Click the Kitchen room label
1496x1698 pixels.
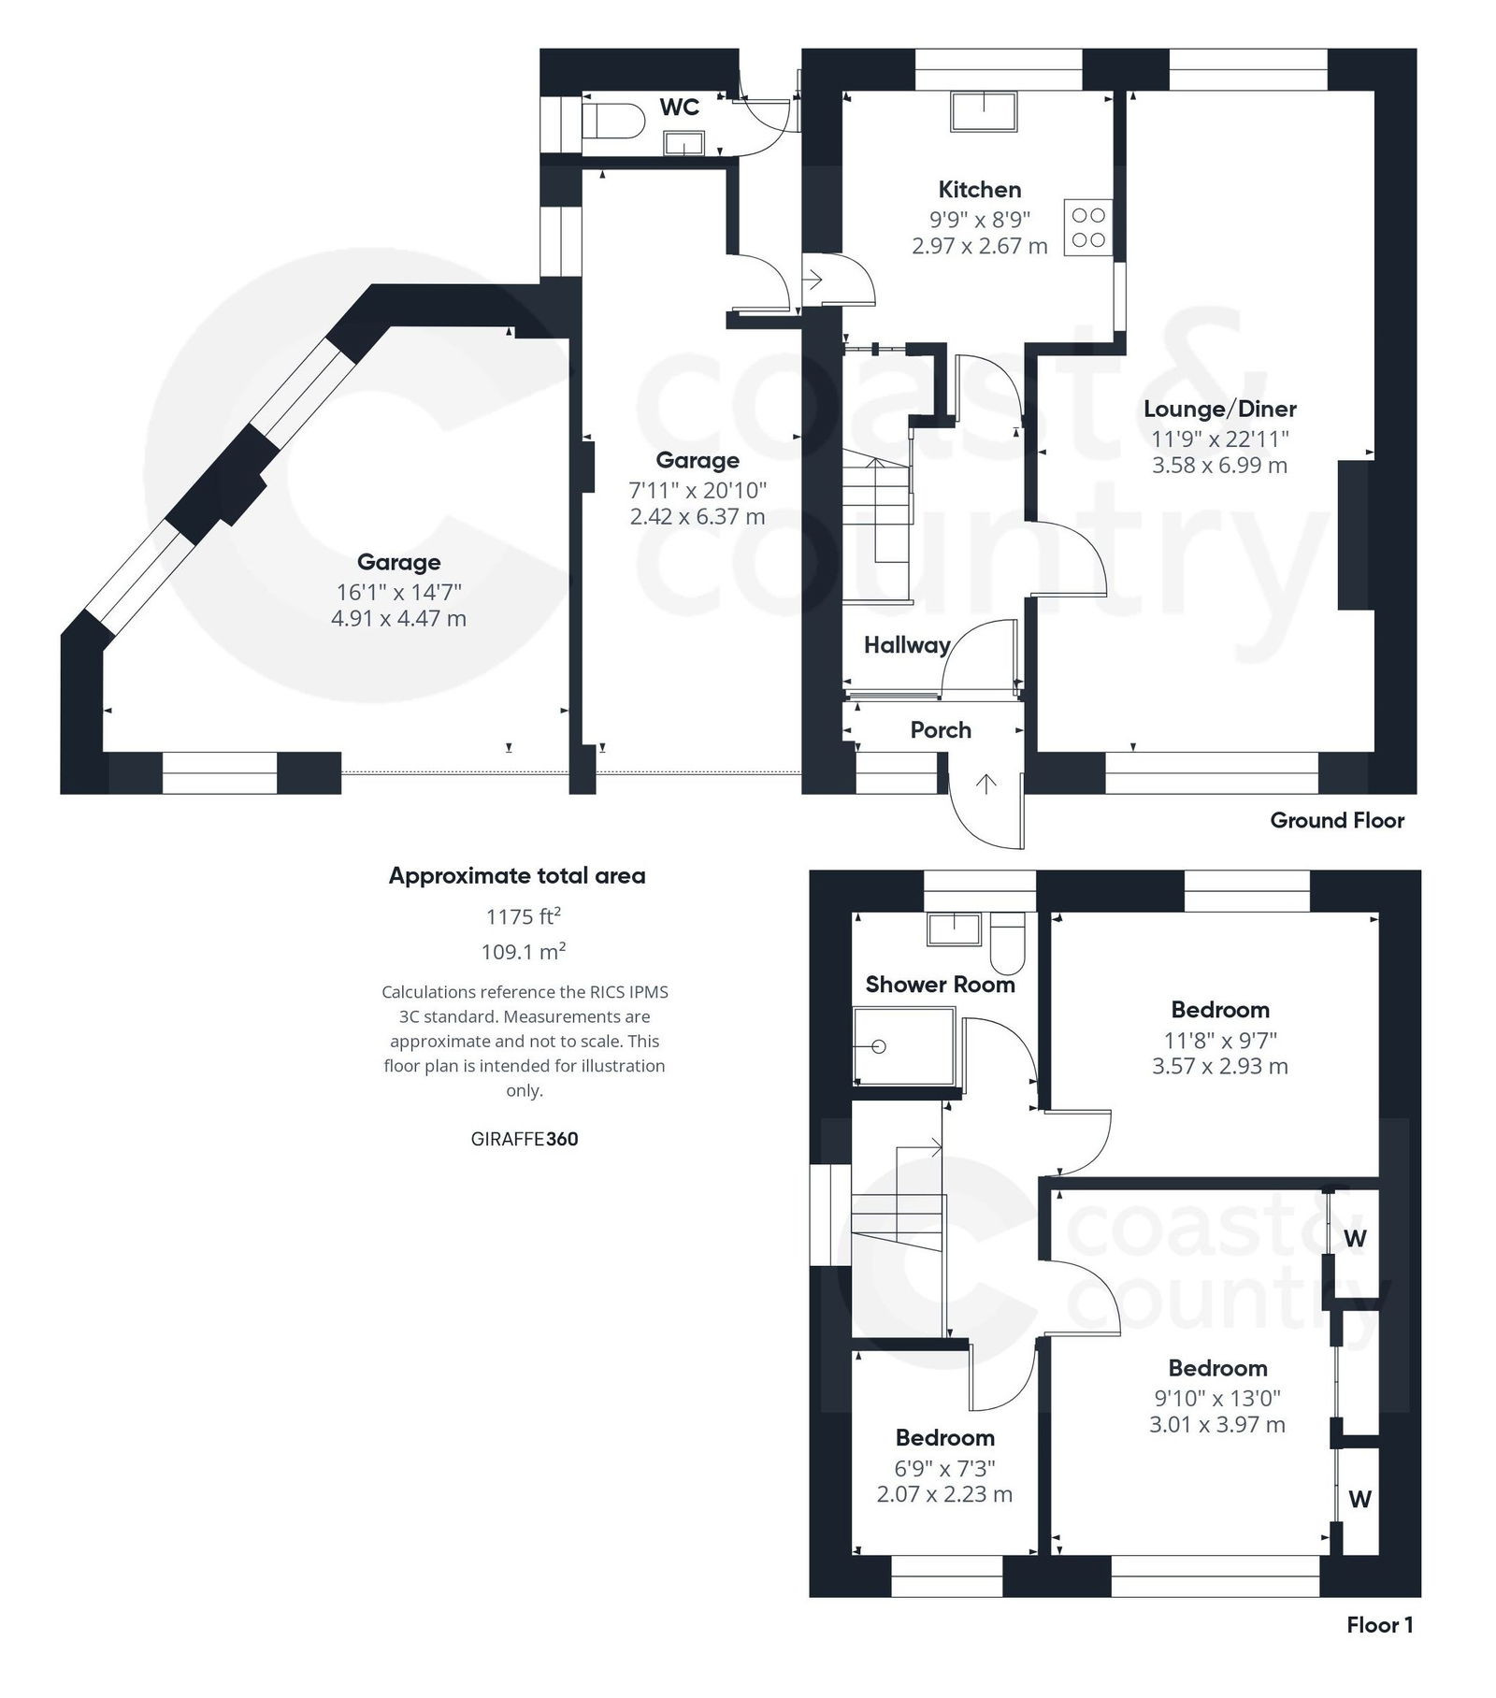(x=979, y=190)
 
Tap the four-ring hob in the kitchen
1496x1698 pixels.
(x=1087, y=227)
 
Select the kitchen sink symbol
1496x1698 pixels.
(x=984, y=111)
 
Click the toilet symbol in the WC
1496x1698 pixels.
(x=612, y=121)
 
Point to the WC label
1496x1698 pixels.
(x=679, y=108)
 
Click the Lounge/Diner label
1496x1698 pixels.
(x=1219, y=409)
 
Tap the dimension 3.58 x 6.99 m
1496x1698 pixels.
(x=1219, y=465)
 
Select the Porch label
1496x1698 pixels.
(x=940, y=730)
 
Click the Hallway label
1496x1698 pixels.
(x=906, y=644)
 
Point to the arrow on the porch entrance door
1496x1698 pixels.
(x=985, y=783)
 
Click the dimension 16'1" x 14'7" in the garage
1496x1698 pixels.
(x=398, y=592)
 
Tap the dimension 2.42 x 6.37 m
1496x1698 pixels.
(x=697, y=516)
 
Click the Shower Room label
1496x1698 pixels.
(x=939, y=985)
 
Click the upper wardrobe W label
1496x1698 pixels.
(x=1355, y=1239)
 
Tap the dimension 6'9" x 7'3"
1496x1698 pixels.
(x=943, y=1468)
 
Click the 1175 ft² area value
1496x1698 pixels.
(x=523, y=916)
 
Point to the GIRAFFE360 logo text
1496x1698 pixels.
(x=524, y=1139)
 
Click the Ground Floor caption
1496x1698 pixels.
(x=1336, y=821)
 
